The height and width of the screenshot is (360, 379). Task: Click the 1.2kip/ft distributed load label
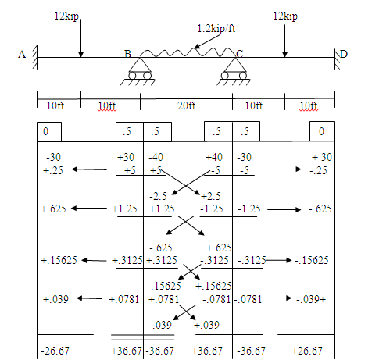[216, 28]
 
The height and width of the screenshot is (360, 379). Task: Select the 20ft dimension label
[186, 105]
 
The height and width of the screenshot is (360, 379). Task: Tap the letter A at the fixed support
[22, 55]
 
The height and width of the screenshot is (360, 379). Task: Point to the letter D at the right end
[344, 54]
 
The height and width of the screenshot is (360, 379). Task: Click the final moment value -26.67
[55, 351]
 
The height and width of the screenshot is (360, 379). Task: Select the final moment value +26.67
[307, 351]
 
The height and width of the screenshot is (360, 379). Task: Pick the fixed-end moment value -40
[156, 157]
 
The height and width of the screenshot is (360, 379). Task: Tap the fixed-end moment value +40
[214, 157]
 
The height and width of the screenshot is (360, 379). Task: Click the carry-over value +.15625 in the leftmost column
[59, 260]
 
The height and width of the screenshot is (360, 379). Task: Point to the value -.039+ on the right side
[311, 299]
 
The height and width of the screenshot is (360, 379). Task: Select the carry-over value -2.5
[158, 196]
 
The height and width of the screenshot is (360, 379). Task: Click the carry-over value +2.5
[211, 196]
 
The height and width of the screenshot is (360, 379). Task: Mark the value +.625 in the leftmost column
[53, 209]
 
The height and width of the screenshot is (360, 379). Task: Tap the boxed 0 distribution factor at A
[49, 132]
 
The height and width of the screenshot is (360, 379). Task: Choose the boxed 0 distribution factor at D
[322, 131]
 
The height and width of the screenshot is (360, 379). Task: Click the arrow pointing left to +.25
[89, 169]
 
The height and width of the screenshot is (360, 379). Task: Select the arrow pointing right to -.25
[283, 169]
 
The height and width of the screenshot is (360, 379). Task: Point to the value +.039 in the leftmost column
[55, 299]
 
